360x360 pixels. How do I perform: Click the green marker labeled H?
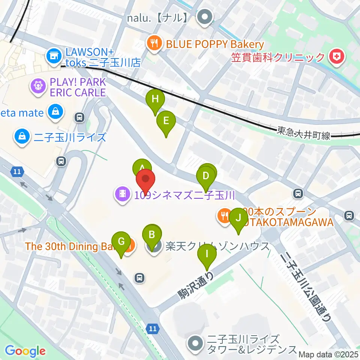coord(155,100)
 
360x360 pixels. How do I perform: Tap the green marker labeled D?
coord(205,176)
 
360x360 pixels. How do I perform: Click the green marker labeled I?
coord(207,254)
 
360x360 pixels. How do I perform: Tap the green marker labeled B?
coord(152,235)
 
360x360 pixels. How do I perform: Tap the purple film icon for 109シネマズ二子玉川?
coord(123,195)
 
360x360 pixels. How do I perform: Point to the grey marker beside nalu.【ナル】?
coord(205,17)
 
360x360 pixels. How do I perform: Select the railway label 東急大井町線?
coord(304,133)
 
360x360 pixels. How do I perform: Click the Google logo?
coord(25,351)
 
